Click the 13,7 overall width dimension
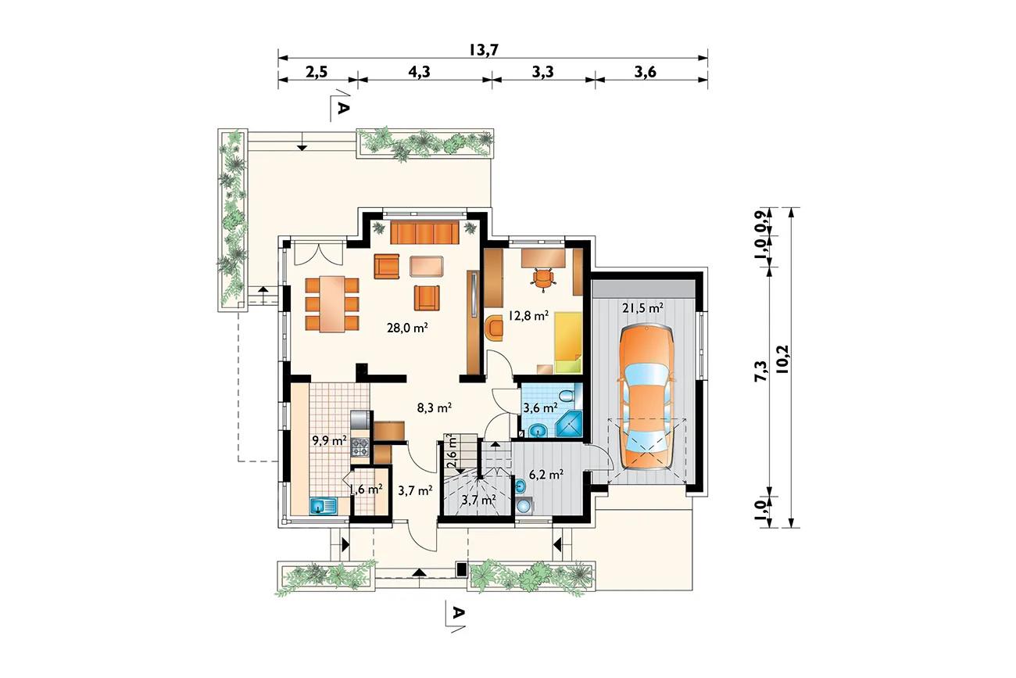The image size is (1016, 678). coord(484,49)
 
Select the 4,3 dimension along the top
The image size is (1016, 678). coord(419,72)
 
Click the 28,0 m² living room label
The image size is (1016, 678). coord(408,327)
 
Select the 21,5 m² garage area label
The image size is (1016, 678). coord(643,308)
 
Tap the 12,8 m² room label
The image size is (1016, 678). coord(528,315)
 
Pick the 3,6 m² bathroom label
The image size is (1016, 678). coord(540,407)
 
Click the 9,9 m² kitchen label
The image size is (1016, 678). coord(329,439)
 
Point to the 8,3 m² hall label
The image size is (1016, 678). coord(434,407)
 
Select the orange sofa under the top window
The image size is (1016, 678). coord(424,233)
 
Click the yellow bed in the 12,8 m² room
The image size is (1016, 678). coord(567,343)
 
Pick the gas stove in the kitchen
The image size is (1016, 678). coord(360,447)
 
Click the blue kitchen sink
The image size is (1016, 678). coord(324,505)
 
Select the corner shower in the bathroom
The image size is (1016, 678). coord(569,424)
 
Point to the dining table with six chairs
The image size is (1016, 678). coord(332,304)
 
